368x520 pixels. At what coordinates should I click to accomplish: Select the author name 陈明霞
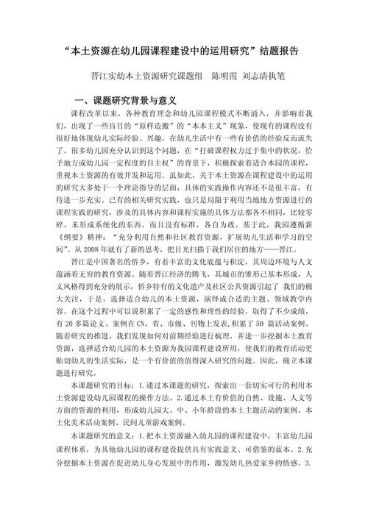tap(226, 76)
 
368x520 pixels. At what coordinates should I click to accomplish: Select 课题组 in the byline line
tap(177, 76)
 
